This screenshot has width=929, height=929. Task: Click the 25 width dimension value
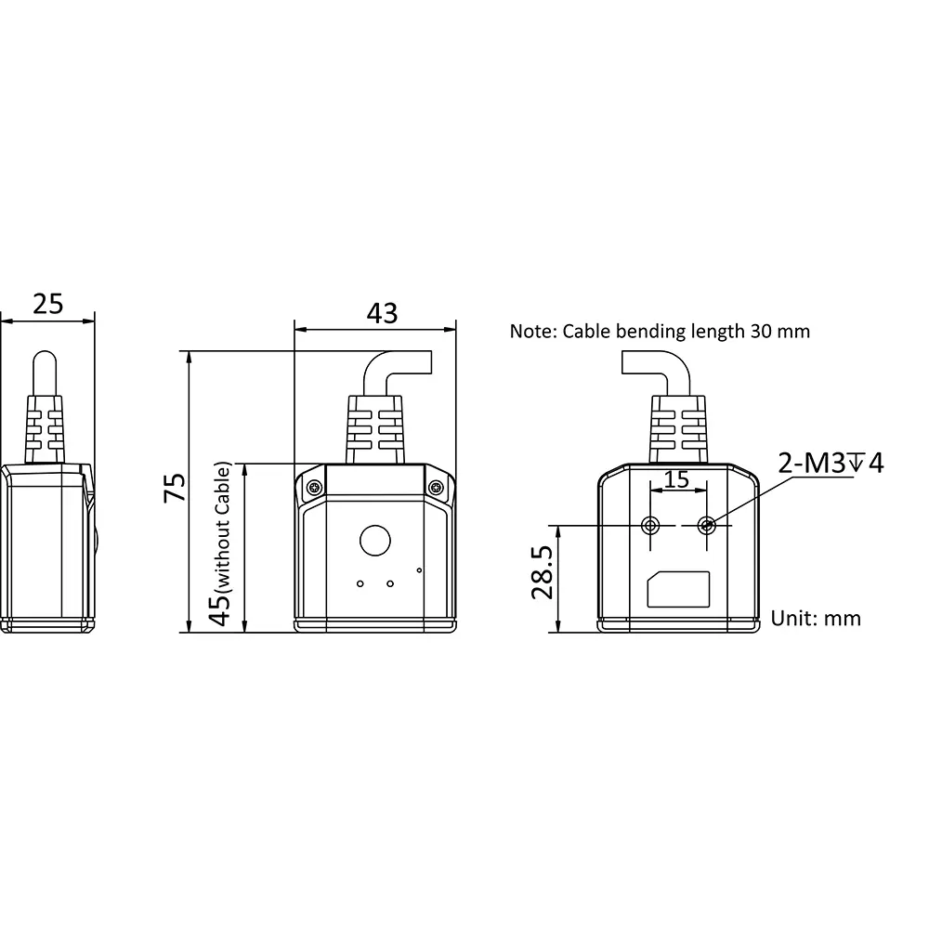pyautogui.click(x=48, y=304)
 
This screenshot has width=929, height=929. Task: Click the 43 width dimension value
pyautogui.click(x=382, y=313)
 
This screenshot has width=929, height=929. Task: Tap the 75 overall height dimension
pyautogui.click(x=175, y=488)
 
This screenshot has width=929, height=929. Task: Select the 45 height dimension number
pyautogui.click(x=221, y=609)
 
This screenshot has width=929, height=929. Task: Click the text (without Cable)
pyautogui.click(x=223, y=528)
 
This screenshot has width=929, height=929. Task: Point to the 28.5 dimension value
pyautogui.click(x=543, y=572)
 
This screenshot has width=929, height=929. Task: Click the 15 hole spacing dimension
pyautogui.click(x=676, y=479)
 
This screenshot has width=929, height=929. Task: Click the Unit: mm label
pyautogui.click(x=816, y=619)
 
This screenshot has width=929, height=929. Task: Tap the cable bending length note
pyautogui.click(x=660, y=332)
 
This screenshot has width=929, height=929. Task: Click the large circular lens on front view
pyautogui.click(x=375, y=541)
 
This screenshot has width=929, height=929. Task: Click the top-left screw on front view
pyautogui.click(x=315, y=489)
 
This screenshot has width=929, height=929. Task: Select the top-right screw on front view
pyautogui.click(x=437, y=489)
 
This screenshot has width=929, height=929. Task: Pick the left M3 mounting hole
pyautogui.click(x=650, y=525)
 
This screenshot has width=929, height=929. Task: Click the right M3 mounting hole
pyautogui.click(x=706, y=525)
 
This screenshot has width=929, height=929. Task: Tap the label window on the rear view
pyautogui.click(x=678, y=590)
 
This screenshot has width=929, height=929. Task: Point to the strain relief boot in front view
pyautogui.click(x=375, y=429)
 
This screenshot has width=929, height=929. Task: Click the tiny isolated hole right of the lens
pyautogui.click(x=420, y=570)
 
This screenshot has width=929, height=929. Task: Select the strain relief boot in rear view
pyautogui.click(x=678, y=429)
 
